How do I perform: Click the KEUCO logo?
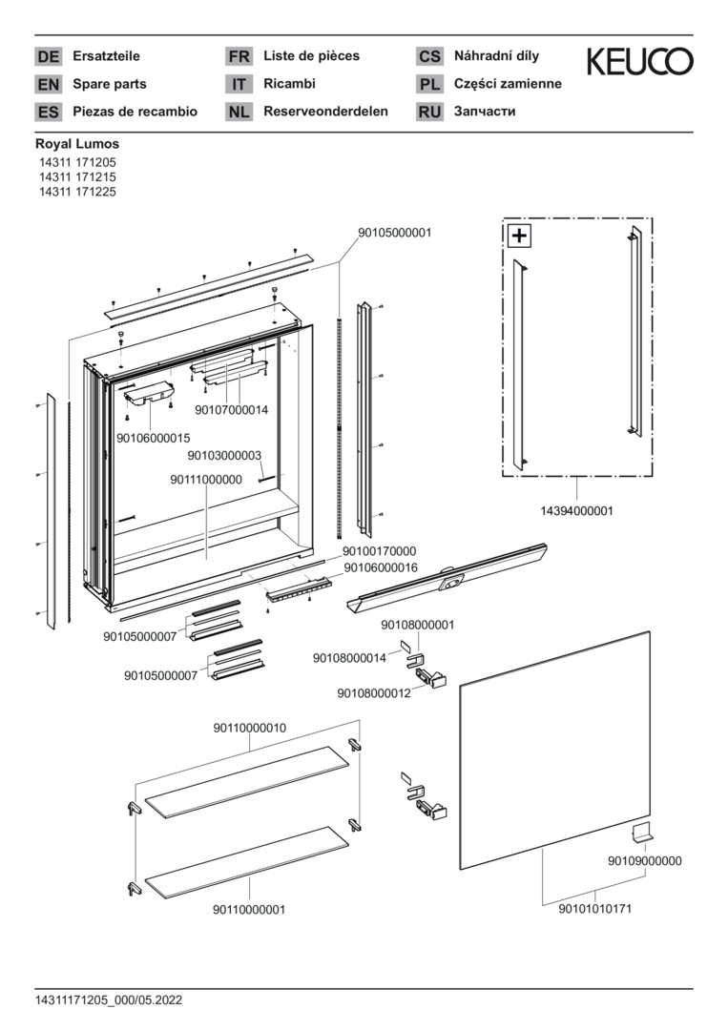(639, 62)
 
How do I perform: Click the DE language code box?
(49, 57)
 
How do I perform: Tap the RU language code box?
(430, 113)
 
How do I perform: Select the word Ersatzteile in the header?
(106, 56)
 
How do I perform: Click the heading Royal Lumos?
(77, 144)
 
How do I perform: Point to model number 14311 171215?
(77, 177)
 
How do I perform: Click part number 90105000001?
(394, 232)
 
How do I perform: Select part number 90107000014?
(231, 410)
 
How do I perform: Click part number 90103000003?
(223, 456)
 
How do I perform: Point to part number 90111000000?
(206, 480)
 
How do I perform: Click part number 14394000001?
(576, 511)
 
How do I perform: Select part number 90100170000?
(379, 551)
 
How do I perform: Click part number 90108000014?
(349, 658)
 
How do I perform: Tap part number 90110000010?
(249, 728)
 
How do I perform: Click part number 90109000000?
(644, 860)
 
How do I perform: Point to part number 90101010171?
(594, 909)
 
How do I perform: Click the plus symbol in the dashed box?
(520, 236)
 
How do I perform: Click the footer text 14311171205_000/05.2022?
(108, 1000)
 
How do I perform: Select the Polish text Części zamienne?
(508, 84)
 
